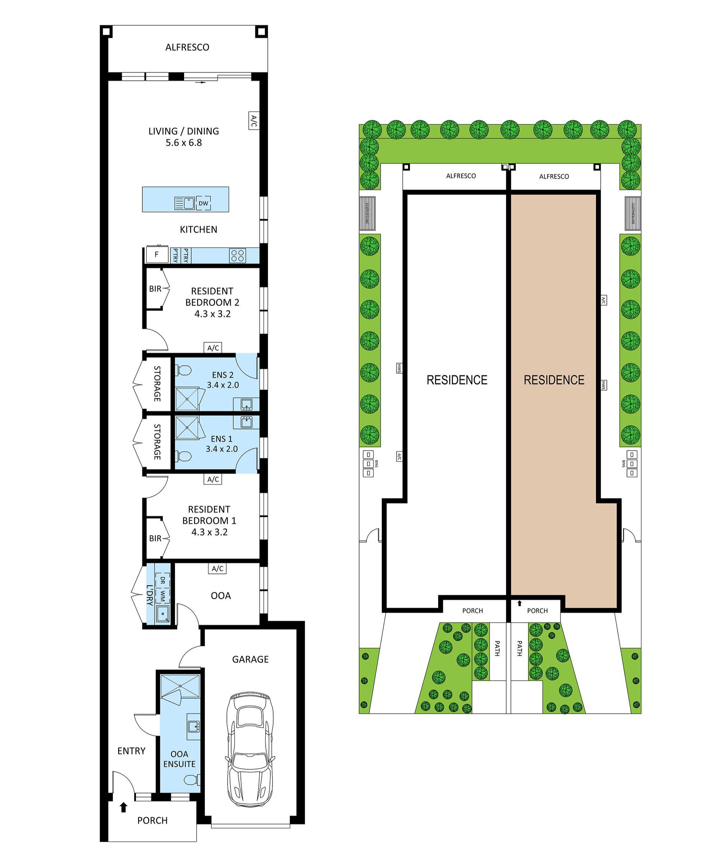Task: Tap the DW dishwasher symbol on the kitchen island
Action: click(203, 203)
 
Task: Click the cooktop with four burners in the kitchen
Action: click(238, 256)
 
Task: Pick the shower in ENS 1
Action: click(187, 427)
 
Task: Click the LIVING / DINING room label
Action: click(183, 131)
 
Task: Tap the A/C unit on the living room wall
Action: click(253, 121)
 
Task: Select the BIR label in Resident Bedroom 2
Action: click(155, 289)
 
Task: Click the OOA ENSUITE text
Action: click(179, 759)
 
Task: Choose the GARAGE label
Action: click(250, 659)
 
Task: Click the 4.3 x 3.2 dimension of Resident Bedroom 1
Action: click(210, 532)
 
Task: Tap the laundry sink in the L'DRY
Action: click(162, 613)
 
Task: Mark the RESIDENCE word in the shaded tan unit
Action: click(554, 380)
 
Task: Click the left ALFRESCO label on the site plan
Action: click(461, 176)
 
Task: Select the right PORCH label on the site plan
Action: click(537, 611)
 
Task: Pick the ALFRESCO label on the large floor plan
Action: click(187, 47)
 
